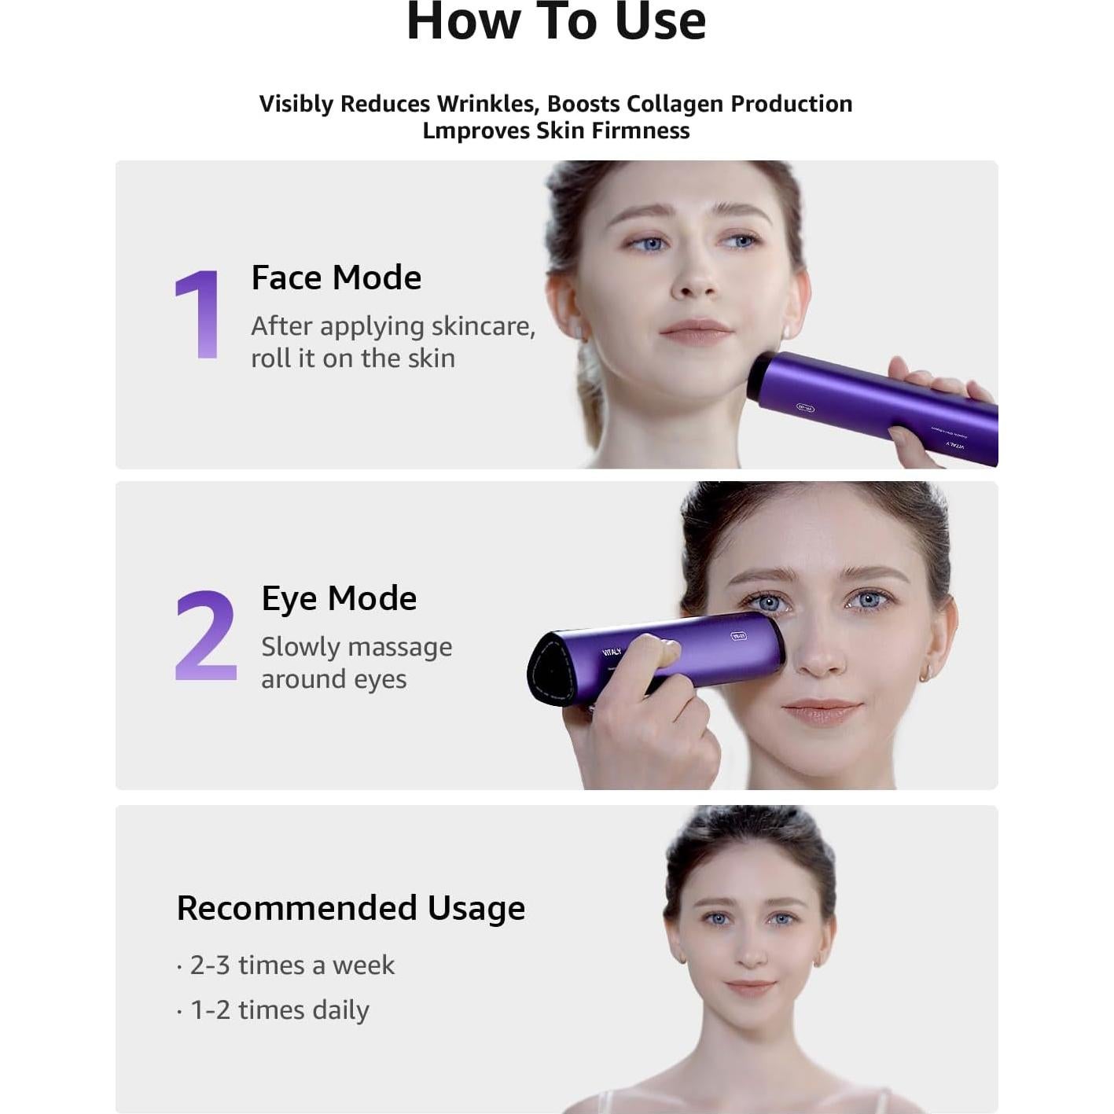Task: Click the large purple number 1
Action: (197, 314)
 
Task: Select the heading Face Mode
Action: (336, 278)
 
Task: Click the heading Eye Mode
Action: (339, 598)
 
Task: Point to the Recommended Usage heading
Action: (351, 908)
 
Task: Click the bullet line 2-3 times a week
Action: (291, 965)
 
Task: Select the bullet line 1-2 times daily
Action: (279, 1009)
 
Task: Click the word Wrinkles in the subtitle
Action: (487, 104)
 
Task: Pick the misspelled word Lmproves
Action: (476, 131)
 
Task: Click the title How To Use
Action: (556, 21)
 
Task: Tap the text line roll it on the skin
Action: (353, 358)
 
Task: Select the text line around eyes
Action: (333, 678)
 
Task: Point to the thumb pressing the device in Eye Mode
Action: (653, 653)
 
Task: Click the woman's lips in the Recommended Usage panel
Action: (750, 985)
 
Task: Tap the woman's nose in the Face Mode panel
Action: (695, 283)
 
